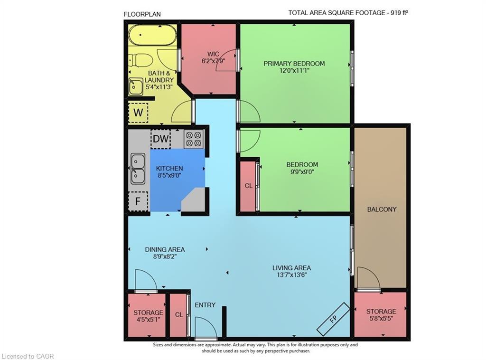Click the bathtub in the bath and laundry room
click(152, 35)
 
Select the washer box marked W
click(138, 113)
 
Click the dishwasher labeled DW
click(161, 139)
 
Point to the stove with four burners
click(193, 139)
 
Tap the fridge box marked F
click(138, 201)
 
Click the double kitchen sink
click(138, 169)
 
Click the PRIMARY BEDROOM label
click(294, 64)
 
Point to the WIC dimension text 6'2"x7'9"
click(213, 61)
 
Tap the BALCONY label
click(382, 209)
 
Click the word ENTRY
click(205, 305)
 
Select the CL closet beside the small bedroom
click(248, 186)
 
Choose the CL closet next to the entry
click(178, 315)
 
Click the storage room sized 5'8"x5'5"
click(381, 315)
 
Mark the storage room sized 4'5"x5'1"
click(148, 316)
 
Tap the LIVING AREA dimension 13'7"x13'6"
click(291, 275)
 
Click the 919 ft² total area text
click(398, 13)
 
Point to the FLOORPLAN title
click(142, 14)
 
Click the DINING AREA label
click(165, 249)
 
